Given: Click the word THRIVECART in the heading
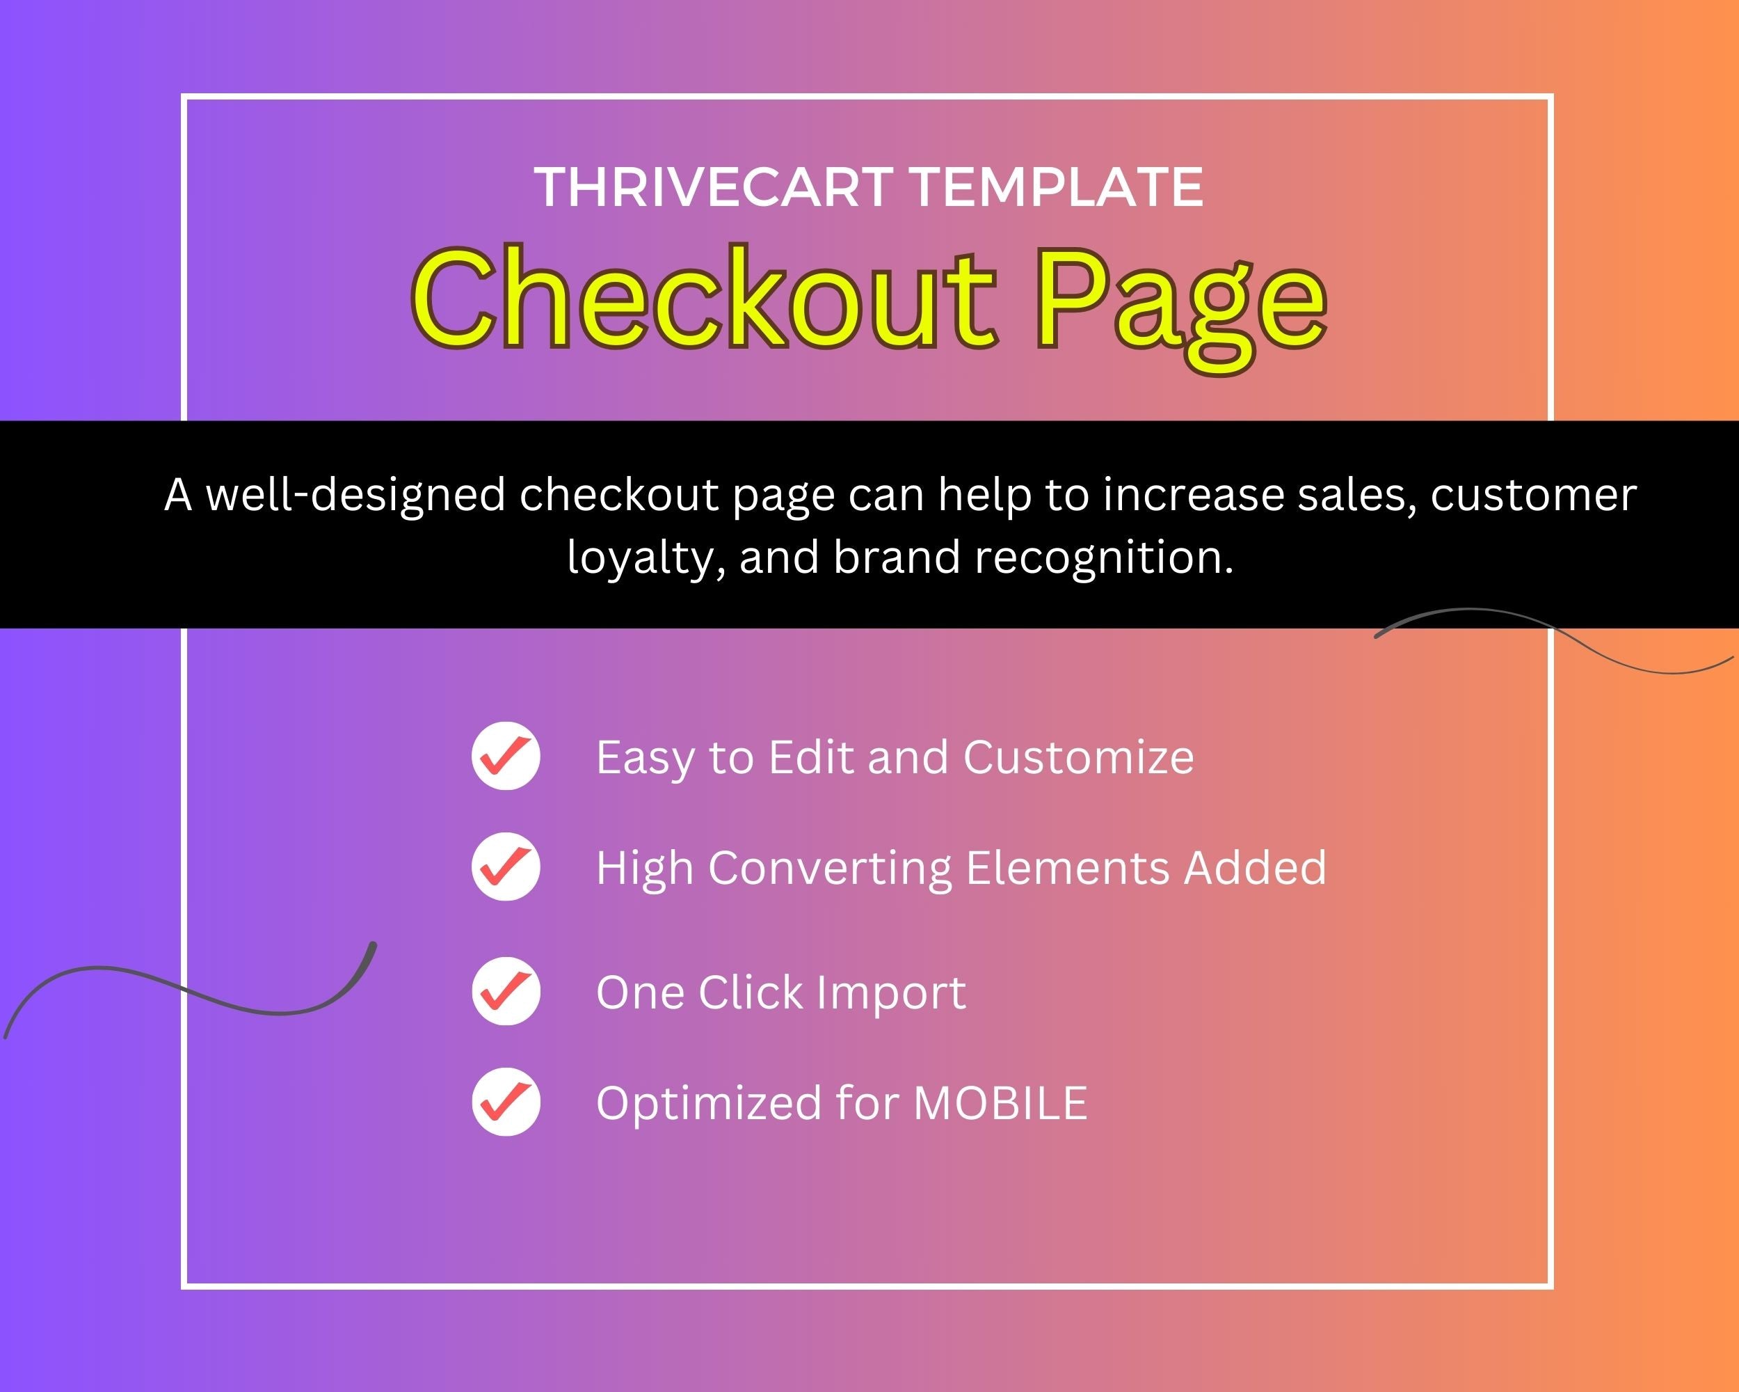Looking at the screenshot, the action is tap(713, 187).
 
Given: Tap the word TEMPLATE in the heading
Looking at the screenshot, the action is tap(1057, 187).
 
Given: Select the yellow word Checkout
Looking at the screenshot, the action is tap(703, 299).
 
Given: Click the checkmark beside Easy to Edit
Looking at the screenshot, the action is tap(506, 755).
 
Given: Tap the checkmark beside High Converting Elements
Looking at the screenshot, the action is tap(506, 867).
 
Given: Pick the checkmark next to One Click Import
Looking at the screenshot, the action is tap(506, 991).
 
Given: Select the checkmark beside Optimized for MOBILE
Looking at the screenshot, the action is tap(506, 1102).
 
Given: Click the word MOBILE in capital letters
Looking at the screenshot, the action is tap(1000, 1103).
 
